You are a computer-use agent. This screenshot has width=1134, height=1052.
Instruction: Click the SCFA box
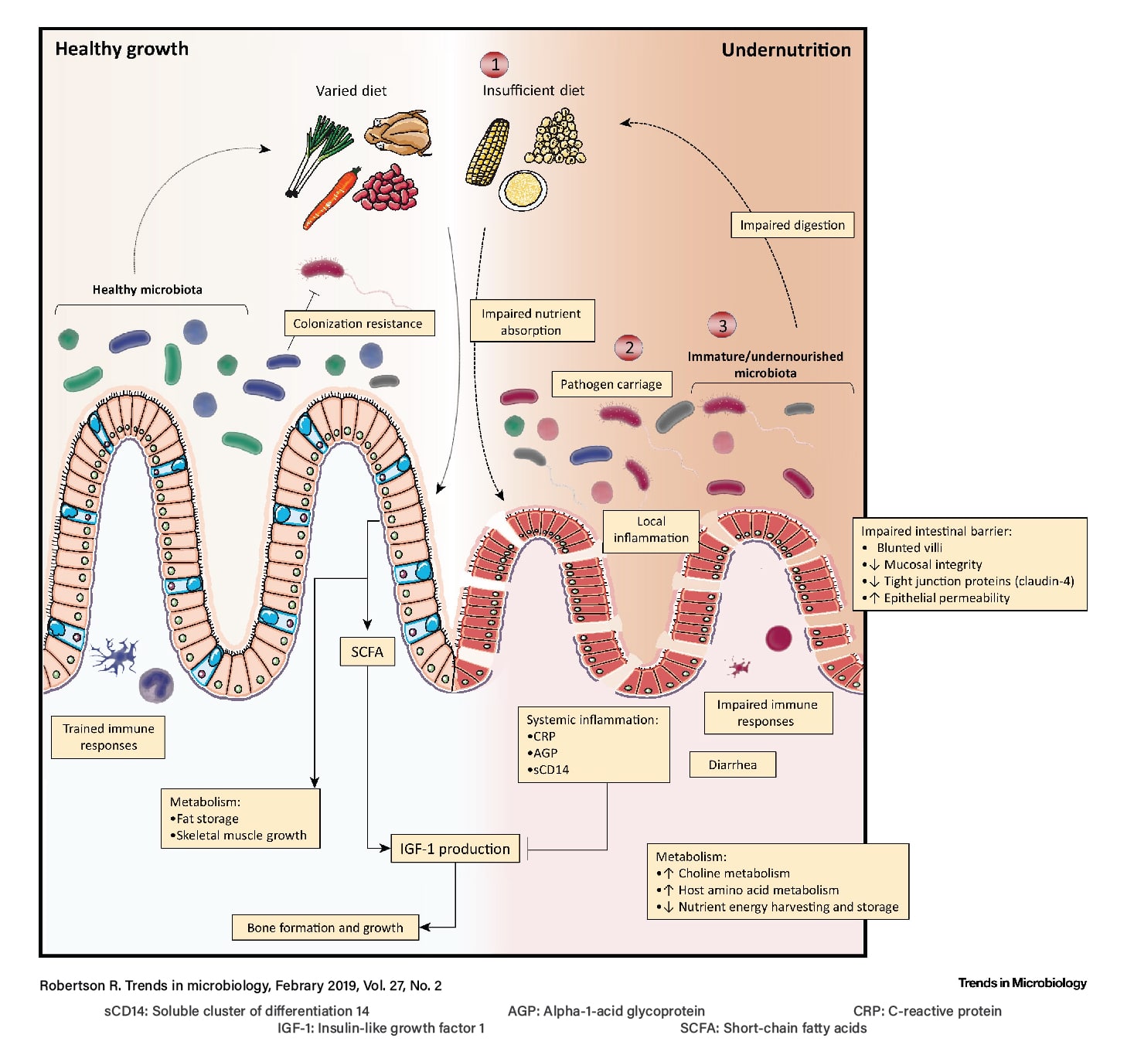point(367,652)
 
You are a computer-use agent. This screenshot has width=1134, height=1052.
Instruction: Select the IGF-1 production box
point(455,849)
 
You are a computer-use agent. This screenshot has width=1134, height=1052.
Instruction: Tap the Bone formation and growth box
point(325,928)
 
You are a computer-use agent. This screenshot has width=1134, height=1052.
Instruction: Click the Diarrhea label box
point(732,764)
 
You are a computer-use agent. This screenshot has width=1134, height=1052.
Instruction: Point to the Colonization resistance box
point(358,323)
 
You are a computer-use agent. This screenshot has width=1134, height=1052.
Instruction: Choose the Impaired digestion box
point(792,225)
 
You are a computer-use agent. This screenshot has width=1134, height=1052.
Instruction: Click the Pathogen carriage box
point(611,384)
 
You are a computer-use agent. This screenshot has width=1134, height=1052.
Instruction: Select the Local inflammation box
point(651,530)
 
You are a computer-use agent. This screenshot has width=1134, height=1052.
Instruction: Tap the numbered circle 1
point(495,64)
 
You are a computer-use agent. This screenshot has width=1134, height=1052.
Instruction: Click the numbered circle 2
point(629,347)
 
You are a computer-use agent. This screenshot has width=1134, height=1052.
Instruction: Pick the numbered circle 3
point(722,325)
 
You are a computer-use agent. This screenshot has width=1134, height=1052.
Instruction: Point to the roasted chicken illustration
point(399,133)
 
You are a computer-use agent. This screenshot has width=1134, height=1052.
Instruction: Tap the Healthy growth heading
point(121,49)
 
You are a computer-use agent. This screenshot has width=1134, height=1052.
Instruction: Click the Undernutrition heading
point(785,50)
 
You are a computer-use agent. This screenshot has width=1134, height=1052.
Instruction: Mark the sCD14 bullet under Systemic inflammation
point(550,769)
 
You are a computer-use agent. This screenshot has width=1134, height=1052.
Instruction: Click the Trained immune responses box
point(108,737)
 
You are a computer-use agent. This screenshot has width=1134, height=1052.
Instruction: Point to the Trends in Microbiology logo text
point(1022,982)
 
